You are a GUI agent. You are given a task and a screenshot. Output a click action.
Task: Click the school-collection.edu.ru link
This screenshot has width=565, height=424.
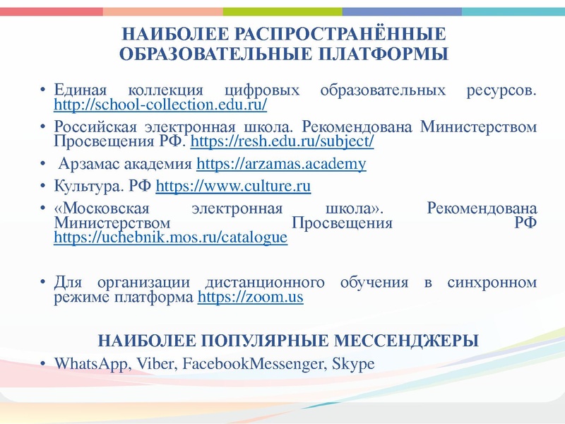coord(160,105)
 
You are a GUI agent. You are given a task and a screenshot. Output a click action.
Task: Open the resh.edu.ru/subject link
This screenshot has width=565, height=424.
coord(282,141)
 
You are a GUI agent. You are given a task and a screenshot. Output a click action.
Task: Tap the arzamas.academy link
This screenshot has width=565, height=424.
coord(281,165)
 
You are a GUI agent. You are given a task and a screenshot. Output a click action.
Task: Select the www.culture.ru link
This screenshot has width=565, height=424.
coord(233,187)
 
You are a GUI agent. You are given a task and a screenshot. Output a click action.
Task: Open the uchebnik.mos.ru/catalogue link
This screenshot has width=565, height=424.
coord(170,237)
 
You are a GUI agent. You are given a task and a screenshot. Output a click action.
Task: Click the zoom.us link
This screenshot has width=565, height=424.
coord(251,298)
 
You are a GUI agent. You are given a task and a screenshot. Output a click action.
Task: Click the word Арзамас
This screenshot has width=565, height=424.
coord(90,165)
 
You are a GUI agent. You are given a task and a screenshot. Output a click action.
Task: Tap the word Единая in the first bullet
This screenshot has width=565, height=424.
coord(80,91)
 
